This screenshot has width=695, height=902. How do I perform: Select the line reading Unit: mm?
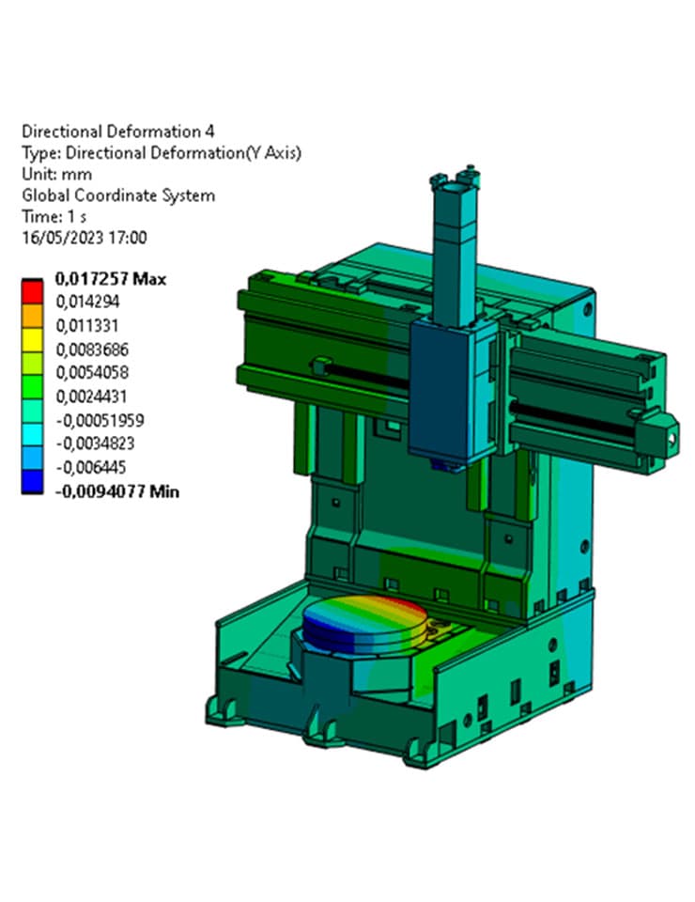(56, 174)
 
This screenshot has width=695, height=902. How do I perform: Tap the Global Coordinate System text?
(118, 195)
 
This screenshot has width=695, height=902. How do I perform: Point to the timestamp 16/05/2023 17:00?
(84, 239)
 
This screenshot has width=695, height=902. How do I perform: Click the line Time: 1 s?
(54, 217)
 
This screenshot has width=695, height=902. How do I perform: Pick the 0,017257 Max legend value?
(111, 279)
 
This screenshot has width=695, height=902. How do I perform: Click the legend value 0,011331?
(88, 326)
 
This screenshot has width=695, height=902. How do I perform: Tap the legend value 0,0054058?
(93, 373)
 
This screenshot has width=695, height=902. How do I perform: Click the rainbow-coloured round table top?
(366, 614)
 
